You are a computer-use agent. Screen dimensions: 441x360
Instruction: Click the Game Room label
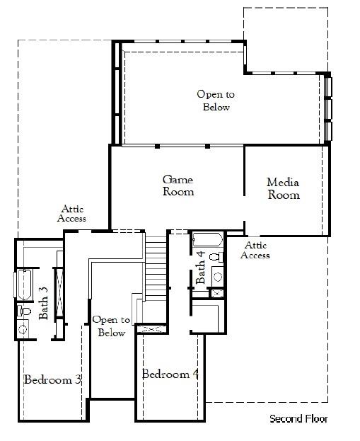[x=178, y=185]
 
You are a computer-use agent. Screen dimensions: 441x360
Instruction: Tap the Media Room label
[x=283, y=189]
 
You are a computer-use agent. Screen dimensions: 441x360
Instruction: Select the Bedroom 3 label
[x=52, y=380]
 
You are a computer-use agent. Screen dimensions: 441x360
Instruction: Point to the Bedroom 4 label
[x=170, y=374]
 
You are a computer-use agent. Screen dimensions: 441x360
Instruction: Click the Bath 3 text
[x=43, y=303]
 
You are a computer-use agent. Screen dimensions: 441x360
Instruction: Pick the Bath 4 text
[x=201, y=267]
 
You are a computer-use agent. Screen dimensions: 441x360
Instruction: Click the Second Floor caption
[x=298, y=419]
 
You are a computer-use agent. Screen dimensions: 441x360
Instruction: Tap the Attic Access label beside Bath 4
[x=255, y=250]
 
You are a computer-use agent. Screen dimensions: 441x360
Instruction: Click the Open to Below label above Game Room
[x=216, y=101]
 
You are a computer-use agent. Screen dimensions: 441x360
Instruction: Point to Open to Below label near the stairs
[x=111, y=326]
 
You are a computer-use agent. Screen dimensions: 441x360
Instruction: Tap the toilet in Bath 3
[x=24, y=310]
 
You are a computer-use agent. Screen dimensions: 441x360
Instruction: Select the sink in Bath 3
[x=23, y=328]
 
